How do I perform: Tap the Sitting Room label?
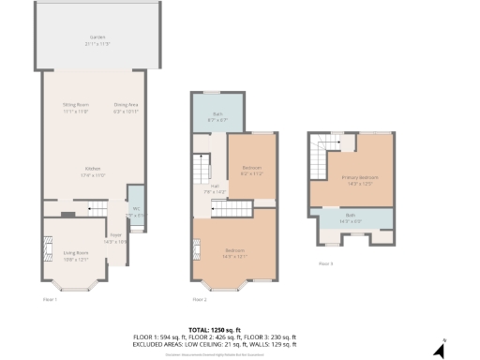[x=75, y=108]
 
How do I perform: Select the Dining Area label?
[x=126, y=108]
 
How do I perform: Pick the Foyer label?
[x=115, y=237]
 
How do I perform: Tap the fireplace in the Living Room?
[x=47, y=250]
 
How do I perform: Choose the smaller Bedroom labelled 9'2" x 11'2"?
[x=251, y=170]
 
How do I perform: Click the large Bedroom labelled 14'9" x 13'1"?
[x=235, y=251]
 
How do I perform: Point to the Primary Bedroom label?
[x=360, y=179]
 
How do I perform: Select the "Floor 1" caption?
[x=51, y=299]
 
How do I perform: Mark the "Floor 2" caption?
[x=199, y=299]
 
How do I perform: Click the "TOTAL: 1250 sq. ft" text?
[x=240, y=330]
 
